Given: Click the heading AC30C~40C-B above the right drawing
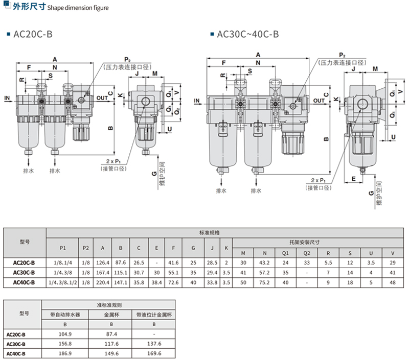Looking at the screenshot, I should click(247, 35).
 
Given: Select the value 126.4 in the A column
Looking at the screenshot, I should click(102, 262).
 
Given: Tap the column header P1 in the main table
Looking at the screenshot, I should click(63, 248).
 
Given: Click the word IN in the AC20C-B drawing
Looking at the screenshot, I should click(7, 97).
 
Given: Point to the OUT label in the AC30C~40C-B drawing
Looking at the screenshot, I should click(319, 101).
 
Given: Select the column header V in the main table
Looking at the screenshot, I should click(392, 253).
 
